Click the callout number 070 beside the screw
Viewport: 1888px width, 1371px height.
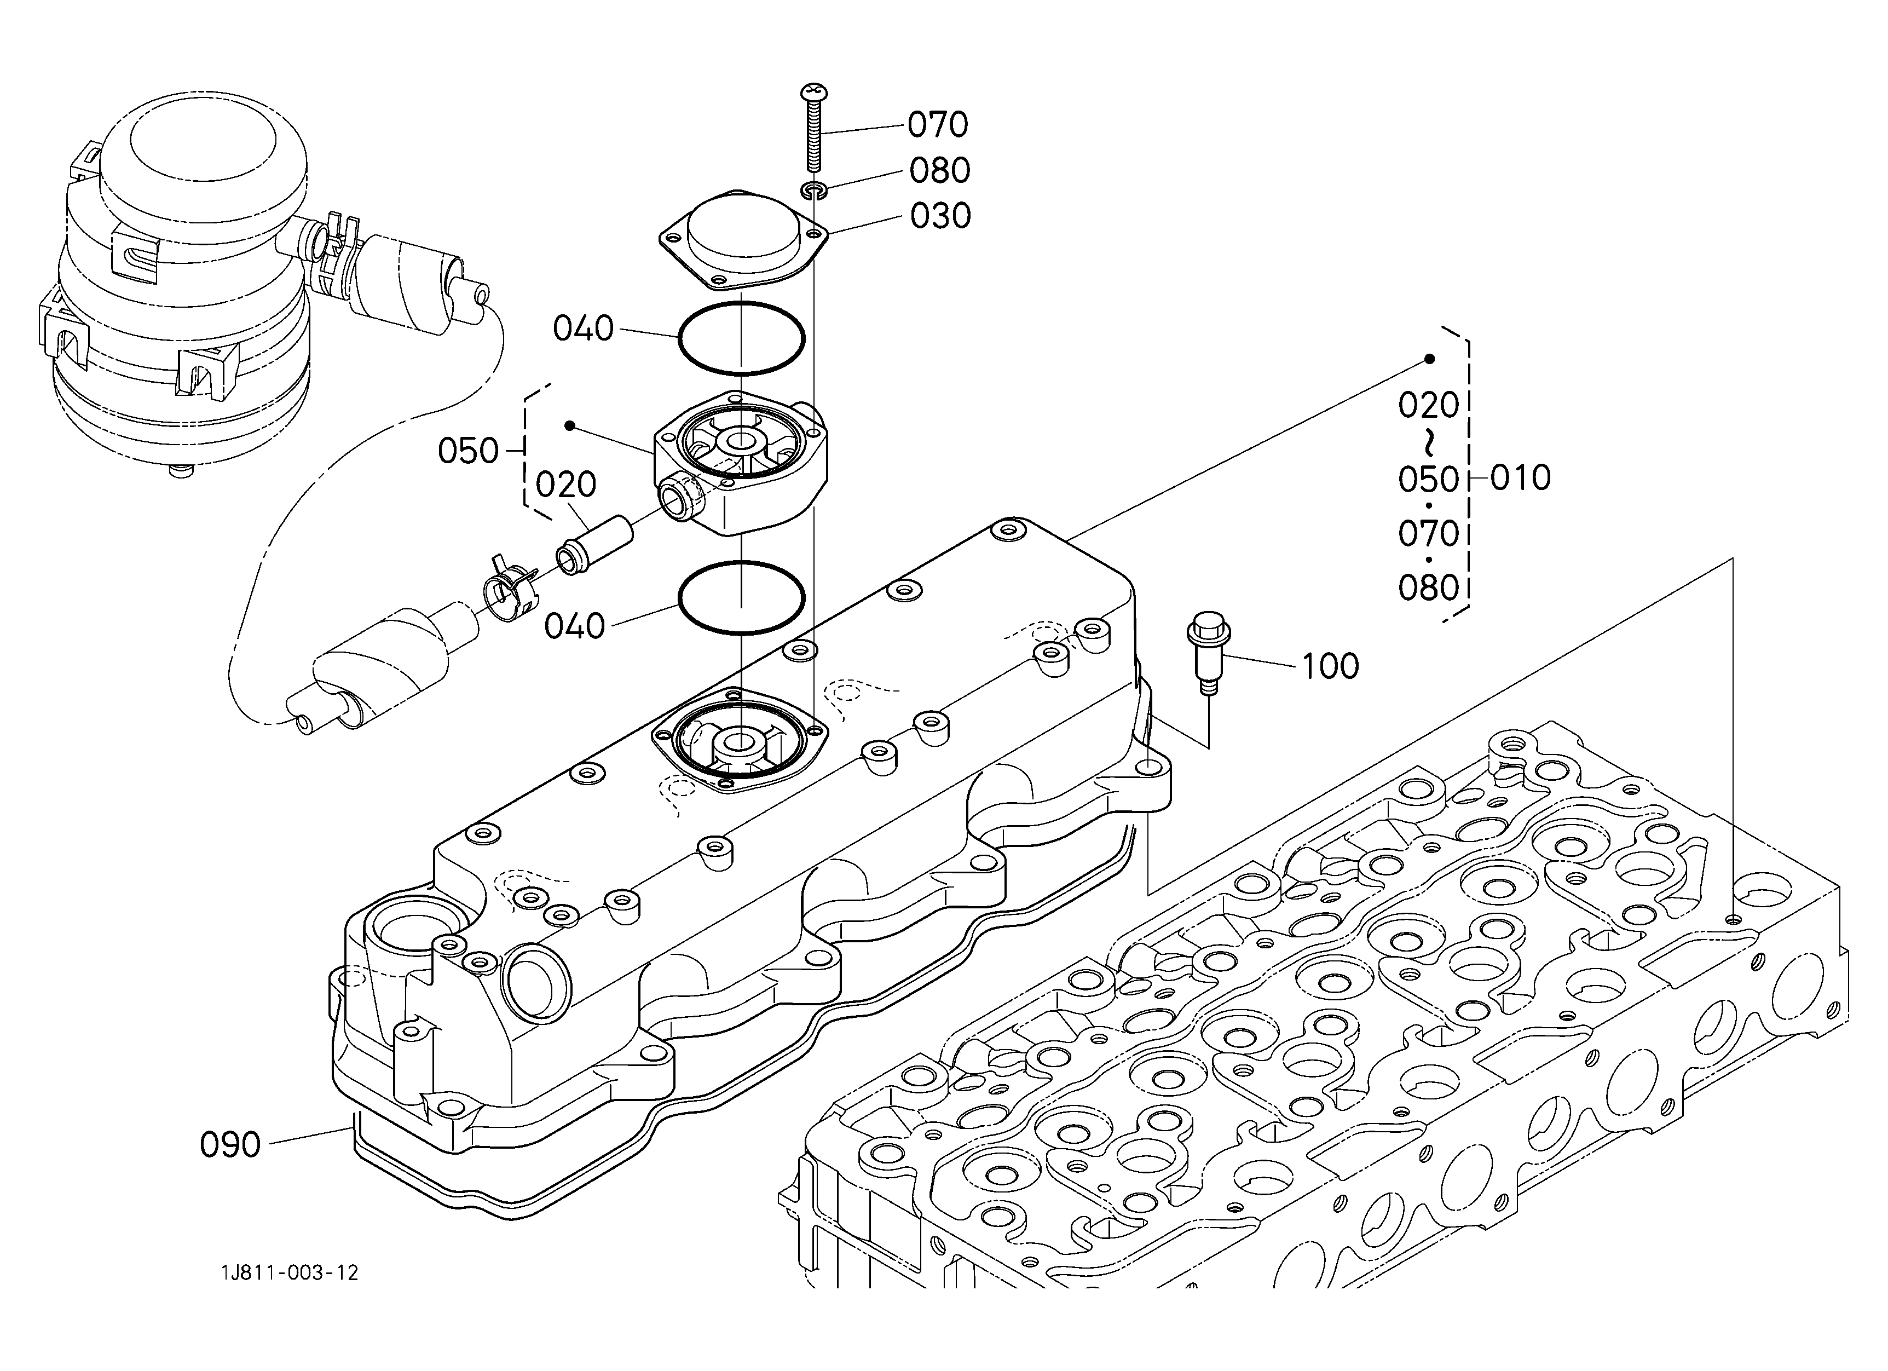[x=937, y=125]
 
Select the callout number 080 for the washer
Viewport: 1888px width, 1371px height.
[x=939, y=171]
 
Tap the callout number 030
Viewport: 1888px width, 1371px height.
[x=940, y=216]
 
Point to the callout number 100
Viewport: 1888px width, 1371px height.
[x=1330, y=666]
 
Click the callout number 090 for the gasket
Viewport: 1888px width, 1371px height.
[x=230, y=1144]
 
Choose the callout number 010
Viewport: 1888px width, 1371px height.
[x=1520, y=478]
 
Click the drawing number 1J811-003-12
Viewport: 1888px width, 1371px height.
[x=290, y=1273]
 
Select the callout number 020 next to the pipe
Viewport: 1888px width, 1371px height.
[x=566, y=485]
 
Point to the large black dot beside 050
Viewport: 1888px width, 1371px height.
[x=569, y=426]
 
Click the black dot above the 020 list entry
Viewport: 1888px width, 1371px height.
[x=1429, y=359]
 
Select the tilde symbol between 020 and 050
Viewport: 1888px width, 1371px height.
[x=1429, y=442]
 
